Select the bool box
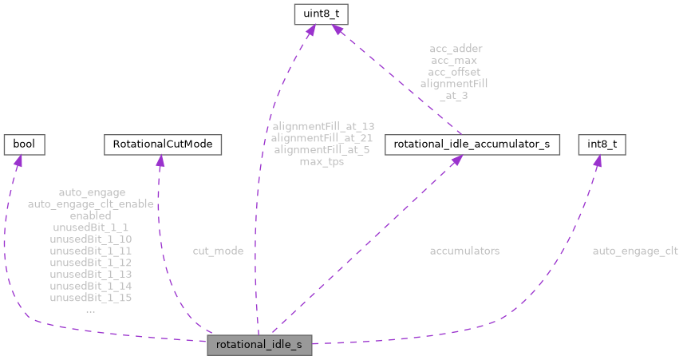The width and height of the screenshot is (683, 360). point(24,144)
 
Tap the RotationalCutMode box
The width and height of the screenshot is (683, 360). point(162,144)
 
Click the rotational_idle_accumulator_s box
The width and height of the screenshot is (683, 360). point(472,144)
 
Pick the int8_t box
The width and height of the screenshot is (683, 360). point(599,144)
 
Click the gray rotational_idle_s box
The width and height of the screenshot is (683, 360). point(259,345)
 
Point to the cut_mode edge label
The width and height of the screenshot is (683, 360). point(218,251)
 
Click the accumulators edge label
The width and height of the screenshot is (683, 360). point(464,251)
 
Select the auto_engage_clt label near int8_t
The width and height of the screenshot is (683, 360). point(634,251)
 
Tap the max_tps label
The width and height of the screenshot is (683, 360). point(322,161)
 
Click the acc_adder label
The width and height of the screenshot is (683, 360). point(455,49)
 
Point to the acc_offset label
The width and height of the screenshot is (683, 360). point(453,72)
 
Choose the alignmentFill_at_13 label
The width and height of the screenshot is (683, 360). point(322,126)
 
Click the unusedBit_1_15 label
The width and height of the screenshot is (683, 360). point(90,297)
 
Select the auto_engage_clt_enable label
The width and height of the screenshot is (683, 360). point(90,204)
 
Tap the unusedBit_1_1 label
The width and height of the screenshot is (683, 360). point(90,227)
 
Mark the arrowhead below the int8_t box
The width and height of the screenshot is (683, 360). point(595,163)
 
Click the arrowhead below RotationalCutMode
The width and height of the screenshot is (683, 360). point(160,163)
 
